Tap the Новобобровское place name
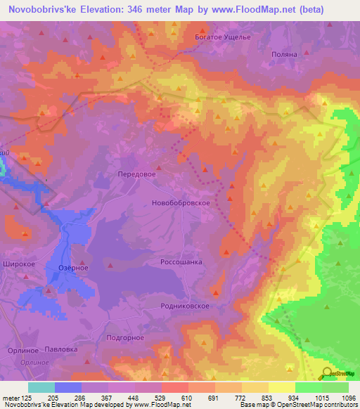(181, 202)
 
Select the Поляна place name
(284, 54)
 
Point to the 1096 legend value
(348, 397)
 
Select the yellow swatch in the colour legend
(281, 387)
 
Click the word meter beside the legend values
(11, 397)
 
